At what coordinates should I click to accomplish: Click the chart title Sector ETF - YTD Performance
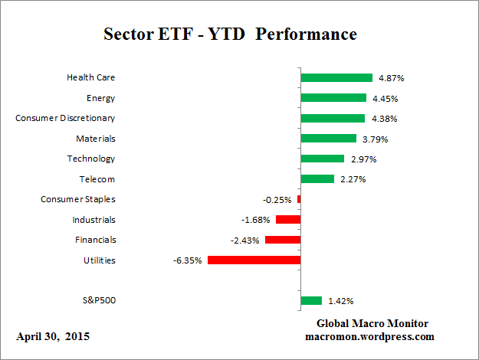229,35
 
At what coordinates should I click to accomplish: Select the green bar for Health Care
336,77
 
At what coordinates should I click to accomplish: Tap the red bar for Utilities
254,260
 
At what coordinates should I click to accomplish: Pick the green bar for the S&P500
311,300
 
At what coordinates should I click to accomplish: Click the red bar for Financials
283,240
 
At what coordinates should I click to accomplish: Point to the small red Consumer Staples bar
299,199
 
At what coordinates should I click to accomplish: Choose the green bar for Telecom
317,179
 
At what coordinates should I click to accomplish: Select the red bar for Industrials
288,220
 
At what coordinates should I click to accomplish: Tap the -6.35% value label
188,260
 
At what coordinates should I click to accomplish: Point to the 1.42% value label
340,301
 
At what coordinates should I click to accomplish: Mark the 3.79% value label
374,139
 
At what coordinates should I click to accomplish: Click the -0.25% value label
277,200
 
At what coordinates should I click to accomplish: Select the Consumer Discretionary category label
66,118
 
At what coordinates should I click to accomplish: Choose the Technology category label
91,159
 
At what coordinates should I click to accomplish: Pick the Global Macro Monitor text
373,323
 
